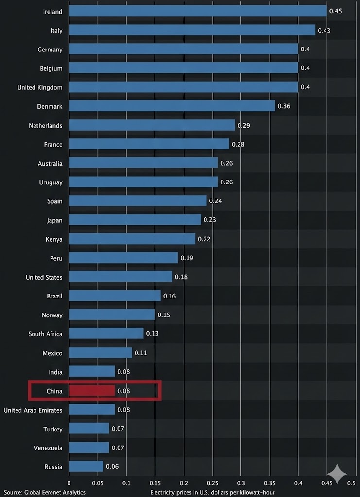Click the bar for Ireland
198,11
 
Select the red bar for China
92,391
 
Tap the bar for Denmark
172,106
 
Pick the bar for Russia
86,467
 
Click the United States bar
120,277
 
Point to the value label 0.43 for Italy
324,31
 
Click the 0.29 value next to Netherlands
243,126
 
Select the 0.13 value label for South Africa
152,334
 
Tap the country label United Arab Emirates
33,410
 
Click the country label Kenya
54,239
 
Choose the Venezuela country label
48,448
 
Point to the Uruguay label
51,182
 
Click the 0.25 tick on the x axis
213,483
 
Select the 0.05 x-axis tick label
98,483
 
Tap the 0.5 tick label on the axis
351,483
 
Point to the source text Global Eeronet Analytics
45,492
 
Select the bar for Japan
135,220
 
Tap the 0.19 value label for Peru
187,258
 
